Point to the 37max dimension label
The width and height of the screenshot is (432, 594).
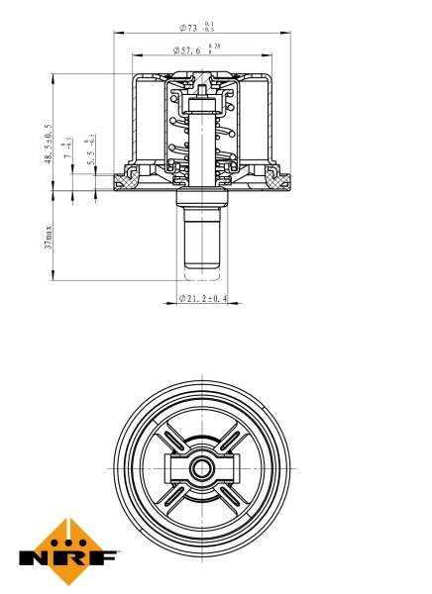[x=48, y=239]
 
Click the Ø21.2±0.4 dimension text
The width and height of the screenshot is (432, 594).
[x=202, y=298]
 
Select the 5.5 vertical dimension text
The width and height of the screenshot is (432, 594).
[x=92, y=153]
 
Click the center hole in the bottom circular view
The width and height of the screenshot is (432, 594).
[x=204, y=467]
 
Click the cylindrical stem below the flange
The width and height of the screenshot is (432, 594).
[x=204, y=238]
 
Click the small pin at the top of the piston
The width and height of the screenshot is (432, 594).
[x=204, y=91]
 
